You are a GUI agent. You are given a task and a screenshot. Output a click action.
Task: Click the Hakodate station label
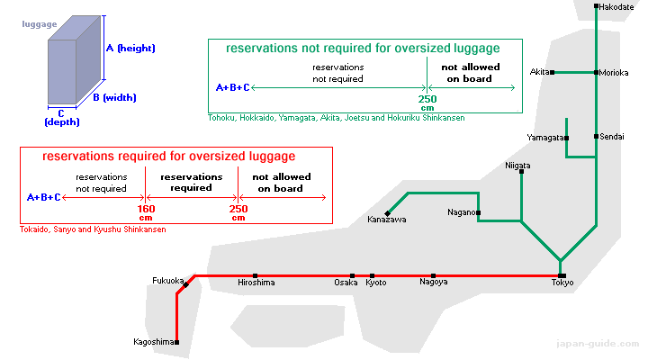[x=616, y=7]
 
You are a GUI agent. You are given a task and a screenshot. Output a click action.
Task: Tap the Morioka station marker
[x=597, y=73]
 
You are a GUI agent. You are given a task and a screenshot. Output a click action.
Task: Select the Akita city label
[x=539, y=72]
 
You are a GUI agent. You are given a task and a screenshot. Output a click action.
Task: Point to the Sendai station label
[x=612, y=137]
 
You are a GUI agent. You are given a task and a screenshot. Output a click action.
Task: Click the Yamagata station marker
[x=567, y=138]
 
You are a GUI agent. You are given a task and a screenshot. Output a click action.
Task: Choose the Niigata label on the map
[x=517, y=166]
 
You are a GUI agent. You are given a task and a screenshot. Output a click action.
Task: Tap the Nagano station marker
[x=478, y=212]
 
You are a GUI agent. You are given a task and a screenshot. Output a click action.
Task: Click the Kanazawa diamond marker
[x=387, y=213]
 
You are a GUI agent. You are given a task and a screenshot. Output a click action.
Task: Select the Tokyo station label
[x=562, y=283]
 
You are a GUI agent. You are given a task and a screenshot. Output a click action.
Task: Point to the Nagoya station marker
[x=433, y=276]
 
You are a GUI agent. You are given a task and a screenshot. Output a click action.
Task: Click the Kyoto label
[x=376, y=283]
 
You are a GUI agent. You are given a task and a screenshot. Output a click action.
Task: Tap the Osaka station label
[x=346, y=283]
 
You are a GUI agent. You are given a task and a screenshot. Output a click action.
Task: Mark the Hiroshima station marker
[x=255, y=276]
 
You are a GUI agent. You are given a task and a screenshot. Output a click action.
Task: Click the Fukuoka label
[x=167, y=281]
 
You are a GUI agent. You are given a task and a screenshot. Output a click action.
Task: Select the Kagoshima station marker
[x=177, y=342]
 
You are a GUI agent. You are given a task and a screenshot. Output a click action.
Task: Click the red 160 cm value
[x=146, y=212]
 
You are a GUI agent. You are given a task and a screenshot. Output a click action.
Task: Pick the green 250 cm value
[x=427, y=103]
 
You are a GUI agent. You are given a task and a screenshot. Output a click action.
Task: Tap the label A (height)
[x=130, y=49]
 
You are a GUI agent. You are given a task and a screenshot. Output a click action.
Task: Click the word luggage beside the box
[x=40, y=24]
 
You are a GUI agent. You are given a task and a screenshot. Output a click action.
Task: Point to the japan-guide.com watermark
[x=598, y=344]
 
